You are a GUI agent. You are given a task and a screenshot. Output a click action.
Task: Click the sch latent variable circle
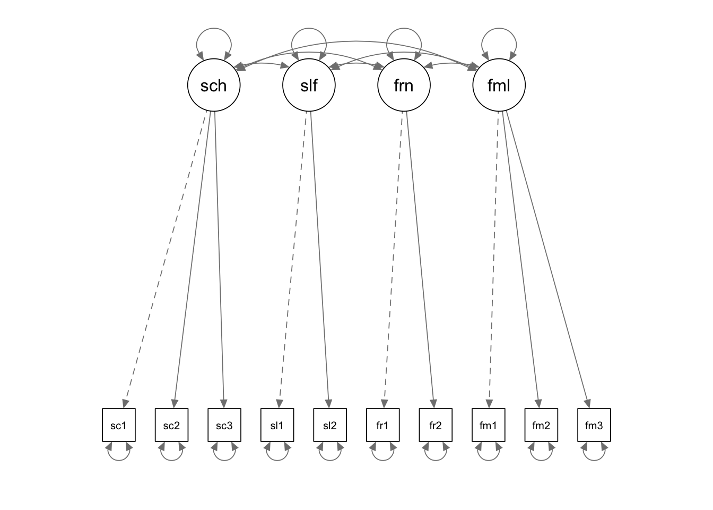click(x=214, y=85)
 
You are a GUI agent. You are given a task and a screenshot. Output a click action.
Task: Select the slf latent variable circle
click(x=309, y=85)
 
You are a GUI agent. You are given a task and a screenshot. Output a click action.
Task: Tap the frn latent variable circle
click(x=404, y=85)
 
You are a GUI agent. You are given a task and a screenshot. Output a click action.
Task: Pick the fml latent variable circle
click(x=499, y=85)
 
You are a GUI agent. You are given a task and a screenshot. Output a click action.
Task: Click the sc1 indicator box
click(x=119, y=425)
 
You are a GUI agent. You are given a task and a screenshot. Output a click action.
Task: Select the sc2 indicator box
click(x=171, y=425)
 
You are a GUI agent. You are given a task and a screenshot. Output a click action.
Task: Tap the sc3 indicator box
click(x=224, y=425)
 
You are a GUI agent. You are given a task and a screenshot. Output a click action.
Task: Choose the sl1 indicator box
click(x=277, y=425)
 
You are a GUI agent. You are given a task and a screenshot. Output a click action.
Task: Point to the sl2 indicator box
click(x=330, y=425)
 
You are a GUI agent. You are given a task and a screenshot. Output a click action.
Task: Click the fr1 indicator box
click(x=382, y=425)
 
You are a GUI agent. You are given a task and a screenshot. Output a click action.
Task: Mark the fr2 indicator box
click(x=436, y=425)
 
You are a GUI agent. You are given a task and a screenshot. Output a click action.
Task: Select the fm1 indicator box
click(x=488, y=425)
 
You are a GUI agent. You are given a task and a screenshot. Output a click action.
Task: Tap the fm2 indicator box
click(x=541, y=425)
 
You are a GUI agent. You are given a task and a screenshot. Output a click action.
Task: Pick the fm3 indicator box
click(x=594, y=425)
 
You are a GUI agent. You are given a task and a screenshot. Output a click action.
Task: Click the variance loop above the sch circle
click(x=214, y=31)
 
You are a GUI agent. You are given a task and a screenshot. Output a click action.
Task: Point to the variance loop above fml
click(x=499, y=31)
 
